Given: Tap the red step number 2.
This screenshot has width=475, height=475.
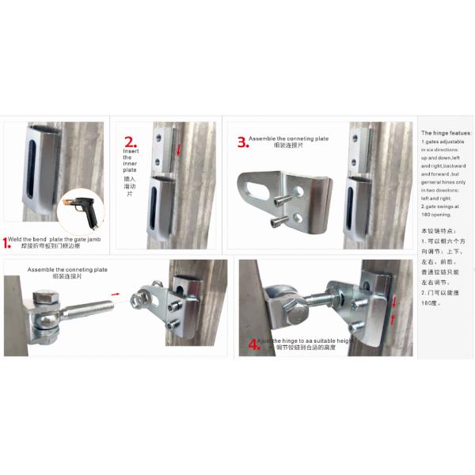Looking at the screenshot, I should [129, 143].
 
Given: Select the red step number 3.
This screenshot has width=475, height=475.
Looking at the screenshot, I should [242, 142].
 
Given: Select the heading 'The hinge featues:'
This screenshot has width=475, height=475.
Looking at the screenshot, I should [446, 133].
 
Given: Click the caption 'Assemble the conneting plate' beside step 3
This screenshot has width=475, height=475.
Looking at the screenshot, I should [288, 139].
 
